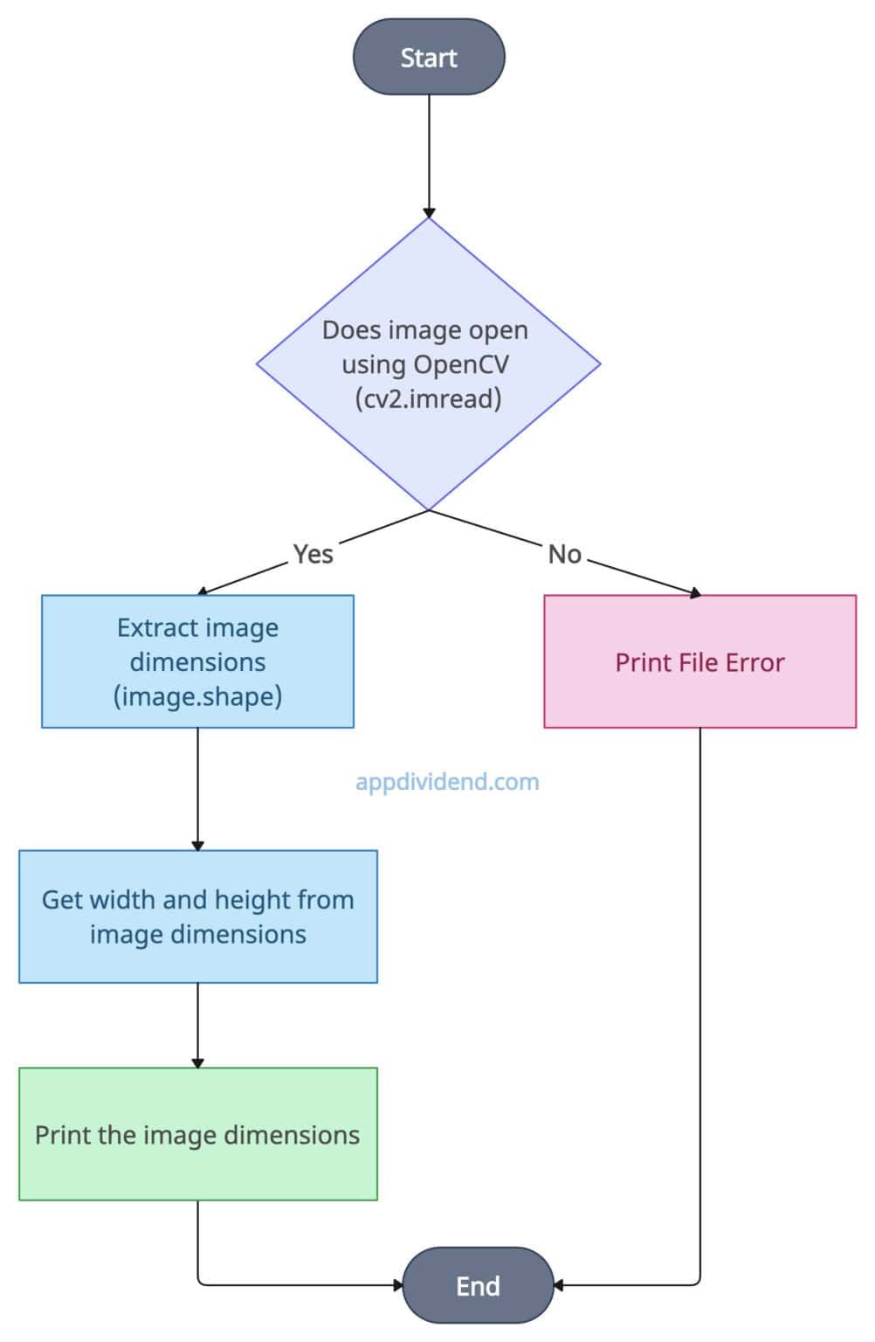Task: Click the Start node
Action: coord(429,58)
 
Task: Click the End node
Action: coord(478,1285)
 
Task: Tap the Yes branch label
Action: coord(313,554)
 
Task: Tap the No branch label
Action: coord(564,554)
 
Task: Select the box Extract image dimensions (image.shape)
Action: coord(197,661)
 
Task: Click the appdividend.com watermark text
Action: coord(447,781)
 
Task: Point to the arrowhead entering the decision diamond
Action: coord(429,212)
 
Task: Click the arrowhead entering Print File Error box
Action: coord(695,593)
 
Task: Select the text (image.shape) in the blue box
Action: coord(197,696)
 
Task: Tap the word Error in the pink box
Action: coord(755,662)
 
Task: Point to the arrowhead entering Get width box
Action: coord(197,845)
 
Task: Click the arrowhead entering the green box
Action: coord(197,1062)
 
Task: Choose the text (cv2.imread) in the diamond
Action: coord(428,398)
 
